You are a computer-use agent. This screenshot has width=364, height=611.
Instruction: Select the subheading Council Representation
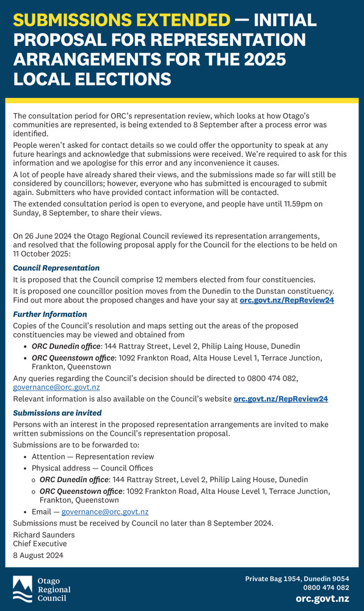pos(56,268)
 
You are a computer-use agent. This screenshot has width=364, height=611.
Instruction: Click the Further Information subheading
pos(50,314)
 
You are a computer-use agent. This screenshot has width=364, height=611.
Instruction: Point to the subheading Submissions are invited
pos(57,413)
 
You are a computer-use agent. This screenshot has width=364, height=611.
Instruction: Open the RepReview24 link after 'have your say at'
pos(286,300)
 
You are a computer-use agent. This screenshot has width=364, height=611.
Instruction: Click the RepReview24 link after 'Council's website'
pos(280,399)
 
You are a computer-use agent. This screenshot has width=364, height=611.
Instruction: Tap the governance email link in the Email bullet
pos(104,511)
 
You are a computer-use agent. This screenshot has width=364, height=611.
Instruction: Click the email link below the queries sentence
pos(56,387)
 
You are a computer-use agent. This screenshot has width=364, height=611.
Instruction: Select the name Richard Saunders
pos(45,535)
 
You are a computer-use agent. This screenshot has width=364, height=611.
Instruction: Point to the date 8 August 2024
pos(38,555)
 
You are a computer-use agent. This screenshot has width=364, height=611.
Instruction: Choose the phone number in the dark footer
pos(326,588)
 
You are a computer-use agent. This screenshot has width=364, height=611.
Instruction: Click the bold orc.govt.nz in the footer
pos(322,599)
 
